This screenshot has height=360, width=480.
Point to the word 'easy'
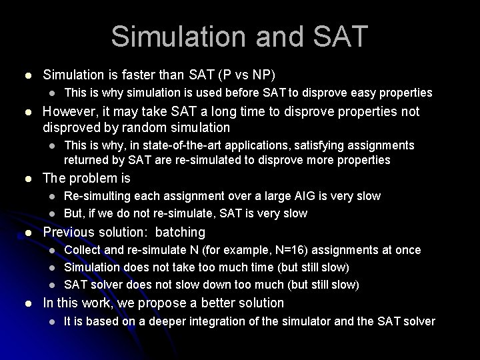click(x=370, y=93)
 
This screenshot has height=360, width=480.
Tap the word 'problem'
click(x=92, y=178)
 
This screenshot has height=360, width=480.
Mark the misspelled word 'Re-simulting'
click(x=95, y=196)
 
